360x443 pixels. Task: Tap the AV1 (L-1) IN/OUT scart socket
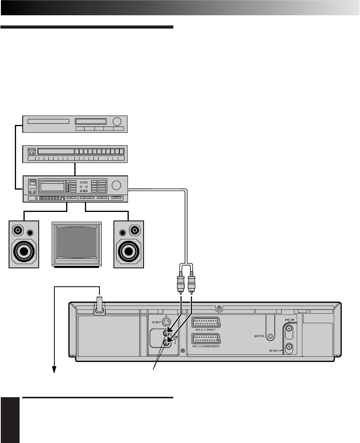[206, 322]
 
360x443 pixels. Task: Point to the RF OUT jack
[289, 347]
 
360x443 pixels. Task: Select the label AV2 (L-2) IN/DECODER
[206, 346]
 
